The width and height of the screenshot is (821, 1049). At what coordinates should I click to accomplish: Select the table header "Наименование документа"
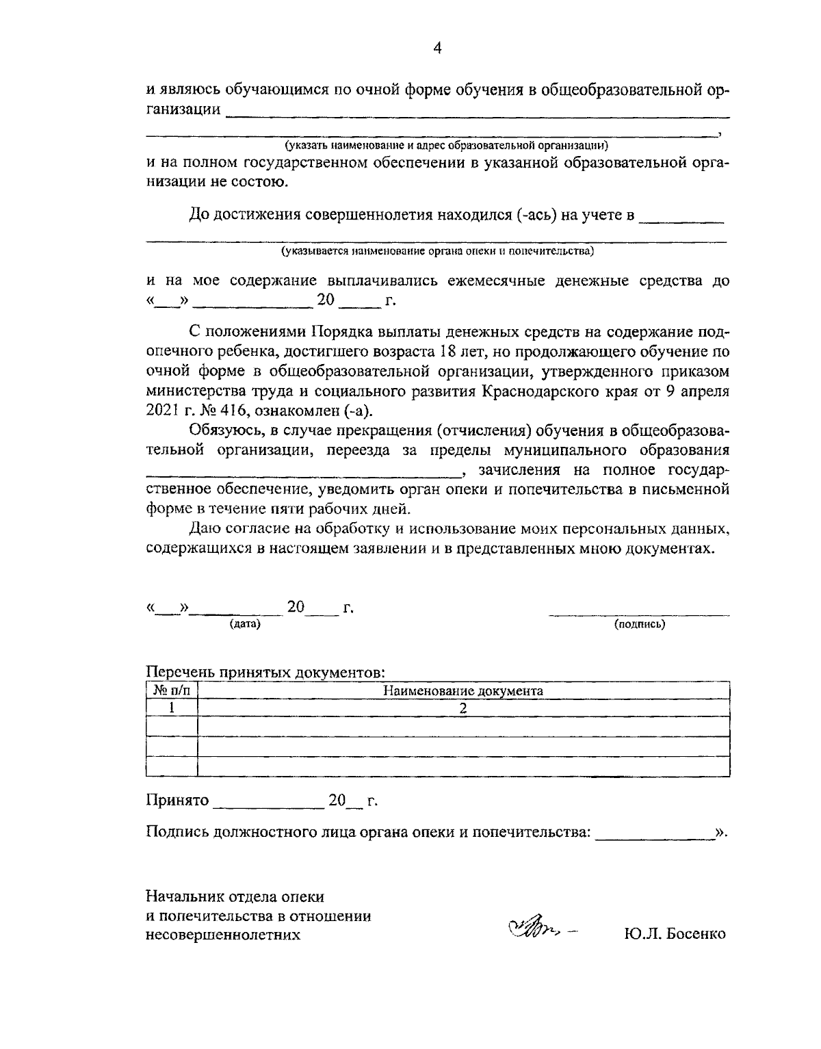tap(462, 690)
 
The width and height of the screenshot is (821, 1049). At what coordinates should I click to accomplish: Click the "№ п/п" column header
tap(172, 690)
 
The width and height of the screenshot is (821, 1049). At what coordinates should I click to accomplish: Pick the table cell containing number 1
tap(172, 708)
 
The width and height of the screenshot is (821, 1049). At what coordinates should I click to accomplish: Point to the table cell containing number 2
tap(462, 708)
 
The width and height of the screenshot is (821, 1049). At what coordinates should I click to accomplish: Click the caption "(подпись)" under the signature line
tap(639, 624)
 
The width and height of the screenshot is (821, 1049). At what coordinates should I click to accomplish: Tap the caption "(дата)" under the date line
tap(245, 624)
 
